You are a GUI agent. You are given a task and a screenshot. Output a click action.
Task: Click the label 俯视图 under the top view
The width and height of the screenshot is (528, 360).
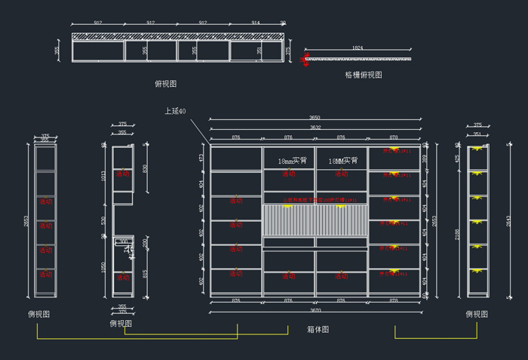tap(165, 84)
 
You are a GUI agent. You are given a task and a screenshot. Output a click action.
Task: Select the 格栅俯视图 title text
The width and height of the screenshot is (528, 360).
tap(364, 75)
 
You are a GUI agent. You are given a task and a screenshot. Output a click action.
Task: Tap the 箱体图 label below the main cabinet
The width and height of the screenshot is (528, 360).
tap(318, 330)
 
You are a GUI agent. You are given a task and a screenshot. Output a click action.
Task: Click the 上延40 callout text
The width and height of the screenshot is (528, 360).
tap(175, 111)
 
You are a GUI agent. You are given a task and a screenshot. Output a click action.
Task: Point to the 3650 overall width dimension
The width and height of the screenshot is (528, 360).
tap(315, 118)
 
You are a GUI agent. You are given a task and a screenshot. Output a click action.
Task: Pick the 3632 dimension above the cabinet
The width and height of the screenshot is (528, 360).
tap(315, 128)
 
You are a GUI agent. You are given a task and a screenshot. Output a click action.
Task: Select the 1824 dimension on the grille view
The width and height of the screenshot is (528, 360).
tap(358, 48)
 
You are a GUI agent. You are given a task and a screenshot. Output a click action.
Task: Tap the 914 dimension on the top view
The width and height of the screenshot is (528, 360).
tap(256, 23)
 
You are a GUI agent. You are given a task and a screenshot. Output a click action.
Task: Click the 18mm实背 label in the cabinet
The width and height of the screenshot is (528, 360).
tap(292, 161)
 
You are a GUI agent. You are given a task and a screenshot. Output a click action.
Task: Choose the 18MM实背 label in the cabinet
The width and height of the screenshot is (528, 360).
tap(342, 161)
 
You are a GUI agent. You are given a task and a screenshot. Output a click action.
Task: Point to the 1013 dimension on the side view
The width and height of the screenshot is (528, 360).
tap(104, 175)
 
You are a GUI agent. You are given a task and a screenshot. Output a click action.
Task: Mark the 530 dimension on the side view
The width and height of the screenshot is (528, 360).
tap(104, 220)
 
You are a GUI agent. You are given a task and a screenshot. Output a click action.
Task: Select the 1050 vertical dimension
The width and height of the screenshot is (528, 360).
tap(104, 267)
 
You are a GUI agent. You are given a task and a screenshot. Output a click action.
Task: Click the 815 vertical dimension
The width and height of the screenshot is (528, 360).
tap(146, 273)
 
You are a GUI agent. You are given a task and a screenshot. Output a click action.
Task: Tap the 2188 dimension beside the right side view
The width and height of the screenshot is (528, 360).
tap(458, 235)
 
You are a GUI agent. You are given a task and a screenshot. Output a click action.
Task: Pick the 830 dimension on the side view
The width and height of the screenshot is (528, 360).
tap(146, 168)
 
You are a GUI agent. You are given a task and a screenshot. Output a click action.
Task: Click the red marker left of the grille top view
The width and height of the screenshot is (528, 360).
tap(305, 58)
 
